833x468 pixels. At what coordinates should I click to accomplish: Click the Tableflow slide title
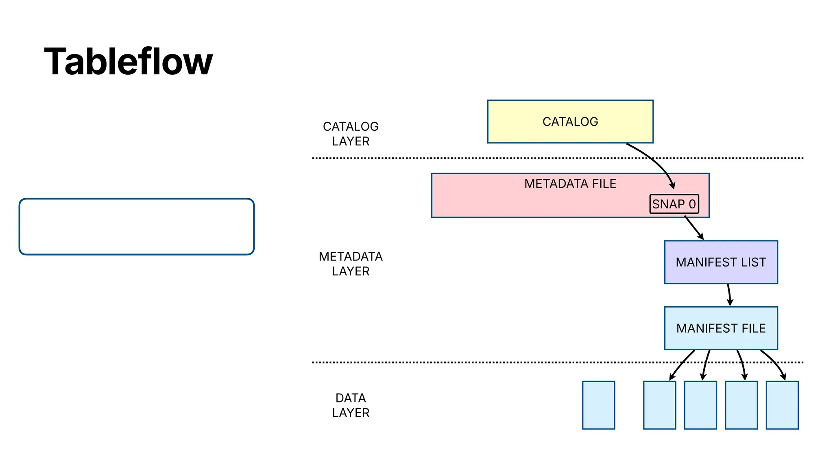click(x=128, y=62)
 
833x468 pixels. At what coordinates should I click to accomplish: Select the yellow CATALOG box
click(x=570, y=121)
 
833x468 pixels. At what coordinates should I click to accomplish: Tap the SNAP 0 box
click(x=674, y=204)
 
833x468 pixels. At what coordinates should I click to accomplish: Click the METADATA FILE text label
click(x=570, y=184)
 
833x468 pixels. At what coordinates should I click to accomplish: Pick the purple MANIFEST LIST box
click(x=721, y=262)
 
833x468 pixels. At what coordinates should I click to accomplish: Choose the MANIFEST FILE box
click(x=721, y=328)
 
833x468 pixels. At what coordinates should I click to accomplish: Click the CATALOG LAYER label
click(x=351, y=134)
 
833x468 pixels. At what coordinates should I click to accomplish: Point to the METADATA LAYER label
click(x=351, y=264)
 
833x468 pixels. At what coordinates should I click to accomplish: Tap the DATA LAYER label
click(x=351, y=405)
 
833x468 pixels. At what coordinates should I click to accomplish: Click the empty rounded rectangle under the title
click(x=137, y=227)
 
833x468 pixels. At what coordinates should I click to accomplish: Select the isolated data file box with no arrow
click(x=598, y=405)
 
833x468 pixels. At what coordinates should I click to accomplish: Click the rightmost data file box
click(x=782, y=405)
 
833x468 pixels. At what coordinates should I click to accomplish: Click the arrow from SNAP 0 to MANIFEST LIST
click(x=694, y=228)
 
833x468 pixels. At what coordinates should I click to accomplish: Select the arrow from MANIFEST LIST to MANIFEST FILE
click(x=729, y=295)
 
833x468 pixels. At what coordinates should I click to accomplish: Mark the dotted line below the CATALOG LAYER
click(x=447, y=158)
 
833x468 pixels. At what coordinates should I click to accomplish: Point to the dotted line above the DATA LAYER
click(x=447, y=362)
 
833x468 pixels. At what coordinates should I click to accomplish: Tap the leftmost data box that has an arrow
click(x=659, y=405)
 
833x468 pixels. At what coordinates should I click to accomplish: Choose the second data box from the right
click(x=741, y=405)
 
